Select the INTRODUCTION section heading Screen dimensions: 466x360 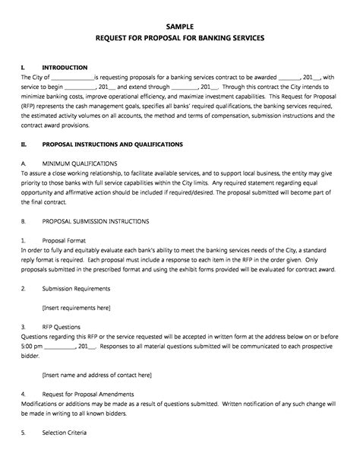(65, 68)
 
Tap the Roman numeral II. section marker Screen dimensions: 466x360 (24, 143)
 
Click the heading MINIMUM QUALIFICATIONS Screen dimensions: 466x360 (79, 163)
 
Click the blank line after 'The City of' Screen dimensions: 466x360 (72, 78)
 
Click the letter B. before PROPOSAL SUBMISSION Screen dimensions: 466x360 (24, 220)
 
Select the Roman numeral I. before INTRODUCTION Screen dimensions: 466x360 (24, 68)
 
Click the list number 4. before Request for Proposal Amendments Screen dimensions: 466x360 (23, 395)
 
